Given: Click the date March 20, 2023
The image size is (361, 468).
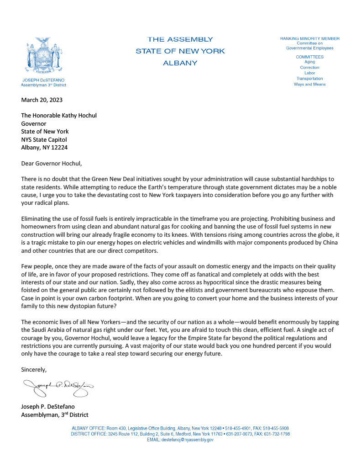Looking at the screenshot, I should [x=42, y=100].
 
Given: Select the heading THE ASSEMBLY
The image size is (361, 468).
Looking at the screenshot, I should [x=180, y=39].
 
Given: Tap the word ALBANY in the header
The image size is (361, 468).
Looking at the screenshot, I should [x=180, y=63].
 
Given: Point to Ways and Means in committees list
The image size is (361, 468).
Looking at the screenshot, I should [x=309, y=84].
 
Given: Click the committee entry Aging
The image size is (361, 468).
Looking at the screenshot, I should [x=309, y=62].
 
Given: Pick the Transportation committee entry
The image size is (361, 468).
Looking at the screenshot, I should [x=309, y=79].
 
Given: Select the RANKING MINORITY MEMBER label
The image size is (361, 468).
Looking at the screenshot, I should [x=309, y=38].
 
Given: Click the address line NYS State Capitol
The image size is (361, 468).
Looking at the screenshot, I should [x=45, y=139].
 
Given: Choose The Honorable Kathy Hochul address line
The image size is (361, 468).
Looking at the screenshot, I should [x=59, y=116].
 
